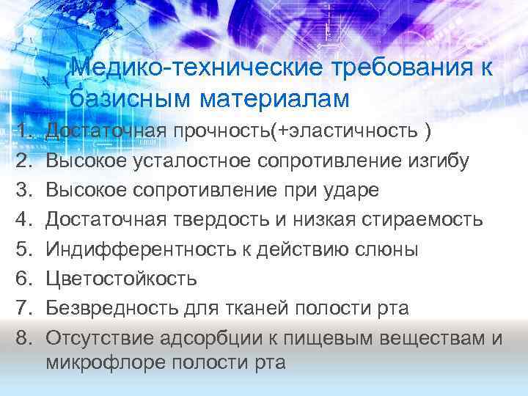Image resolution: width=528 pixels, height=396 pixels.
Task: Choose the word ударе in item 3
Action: tap(352, 190)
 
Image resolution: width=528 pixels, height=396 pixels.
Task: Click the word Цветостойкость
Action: tap(121, 278)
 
